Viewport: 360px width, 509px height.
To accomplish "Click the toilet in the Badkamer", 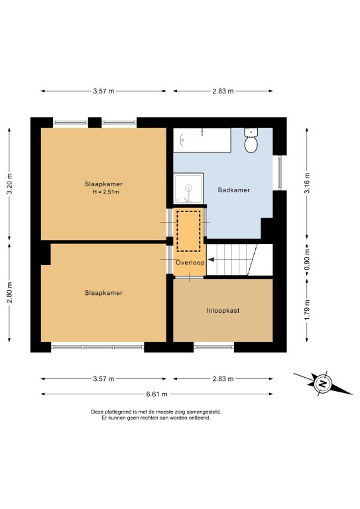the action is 251,141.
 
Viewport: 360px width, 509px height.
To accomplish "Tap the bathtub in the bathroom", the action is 202,141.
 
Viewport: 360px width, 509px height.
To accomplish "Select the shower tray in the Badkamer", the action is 188,189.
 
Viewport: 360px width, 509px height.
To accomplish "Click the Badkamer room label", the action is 234,190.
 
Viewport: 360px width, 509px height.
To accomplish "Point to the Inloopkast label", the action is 223,311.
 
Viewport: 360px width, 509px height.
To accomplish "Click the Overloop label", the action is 190,262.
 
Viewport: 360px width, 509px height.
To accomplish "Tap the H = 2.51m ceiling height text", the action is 106,192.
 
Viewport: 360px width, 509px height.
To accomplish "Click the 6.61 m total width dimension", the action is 156,394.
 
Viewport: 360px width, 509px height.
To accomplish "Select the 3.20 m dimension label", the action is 9,184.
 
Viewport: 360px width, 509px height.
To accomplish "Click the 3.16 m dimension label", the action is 307,183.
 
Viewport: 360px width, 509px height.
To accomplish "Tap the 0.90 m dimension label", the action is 307,259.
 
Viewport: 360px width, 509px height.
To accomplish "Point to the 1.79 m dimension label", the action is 307,310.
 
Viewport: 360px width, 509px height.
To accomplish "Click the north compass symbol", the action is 323,384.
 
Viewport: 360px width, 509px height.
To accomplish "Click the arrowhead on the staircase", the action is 211,260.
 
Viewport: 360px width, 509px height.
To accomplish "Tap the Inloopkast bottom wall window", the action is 214,347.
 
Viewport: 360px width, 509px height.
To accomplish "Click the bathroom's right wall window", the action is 280,173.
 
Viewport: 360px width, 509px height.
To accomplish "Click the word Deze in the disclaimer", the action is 97,412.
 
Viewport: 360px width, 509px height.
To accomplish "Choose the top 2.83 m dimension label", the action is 223,91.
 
